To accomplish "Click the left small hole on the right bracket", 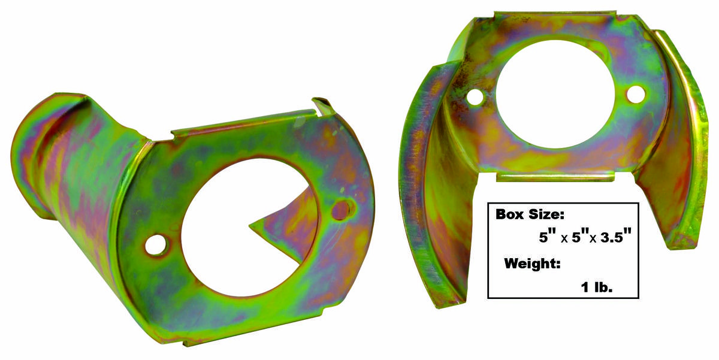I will click(475, 98).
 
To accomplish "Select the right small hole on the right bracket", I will click(636, 94).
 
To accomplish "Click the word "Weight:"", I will click(533, 264).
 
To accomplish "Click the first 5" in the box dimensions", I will click(545, 238).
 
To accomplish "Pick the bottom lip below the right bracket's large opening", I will click(554, 177).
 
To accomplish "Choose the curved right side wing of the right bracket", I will click(683, 138).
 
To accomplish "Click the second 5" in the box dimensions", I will click(578, 238).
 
